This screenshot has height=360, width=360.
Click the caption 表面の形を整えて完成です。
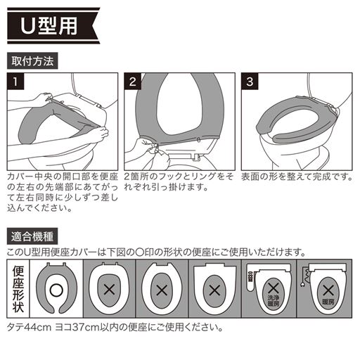coord(295,176)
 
